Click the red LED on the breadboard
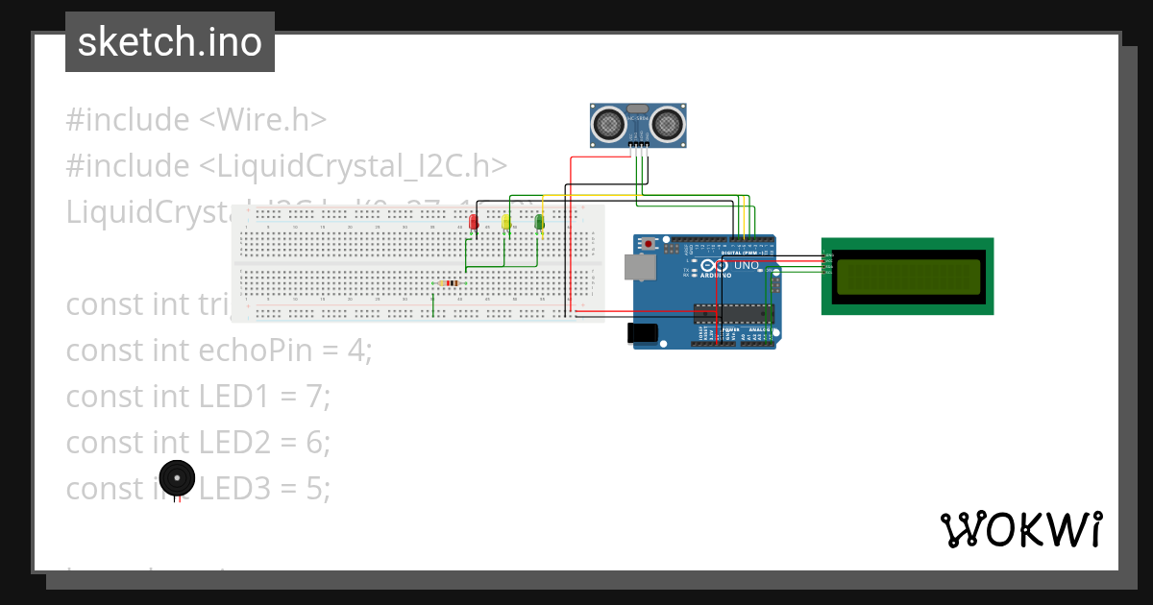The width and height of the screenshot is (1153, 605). [473, 223]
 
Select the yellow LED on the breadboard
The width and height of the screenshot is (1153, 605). [505, 223]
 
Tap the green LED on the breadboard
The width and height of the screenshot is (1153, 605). [539, 223]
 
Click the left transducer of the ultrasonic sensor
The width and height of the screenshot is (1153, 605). [608, 123]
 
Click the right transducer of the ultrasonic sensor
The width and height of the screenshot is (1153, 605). [667, 123]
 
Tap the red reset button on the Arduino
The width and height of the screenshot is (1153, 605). [649, 244]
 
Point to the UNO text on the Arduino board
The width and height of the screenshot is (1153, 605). [747, 265]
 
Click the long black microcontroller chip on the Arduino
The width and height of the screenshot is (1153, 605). [733, 313]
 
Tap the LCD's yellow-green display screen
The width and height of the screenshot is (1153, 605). [907, 277]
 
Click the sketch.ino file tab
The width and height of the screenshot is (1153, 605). [170, 42]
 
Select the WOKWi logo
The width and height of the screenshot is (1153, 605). [1020, 529]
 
